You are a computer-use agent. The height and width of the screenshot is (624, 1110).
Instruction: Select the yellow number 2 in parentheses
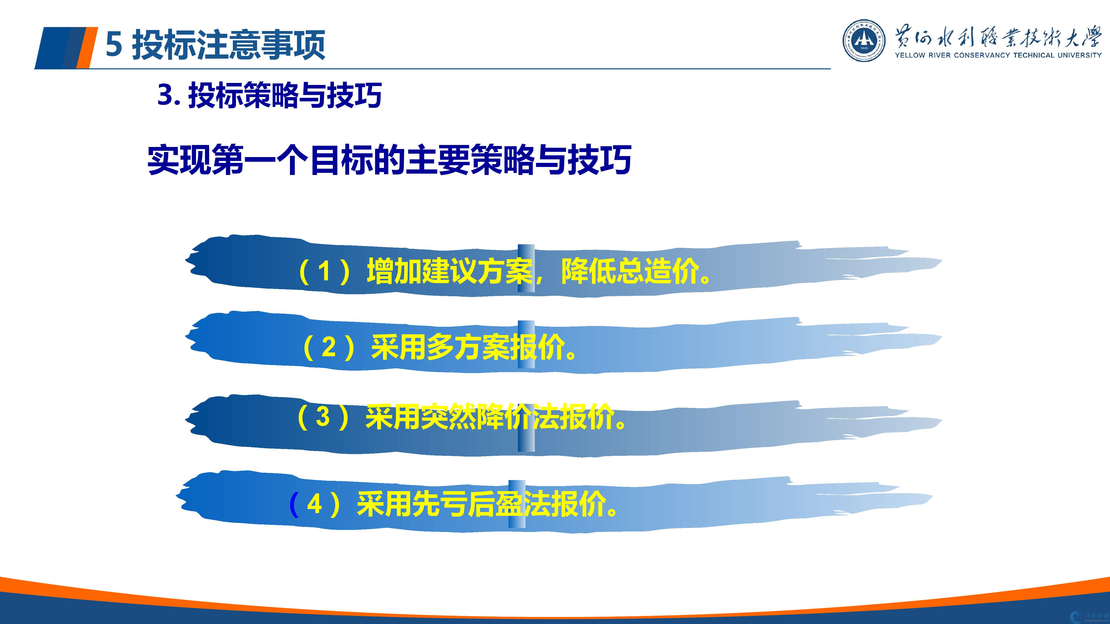coord(329,347)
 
